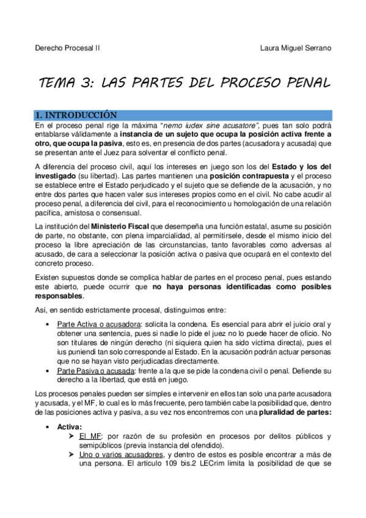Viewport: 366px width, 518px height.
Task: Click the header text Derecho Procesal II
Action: pyautogui.click(x=67, y=48)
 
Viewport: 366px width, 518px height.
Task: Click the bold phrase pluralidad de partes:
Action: pyautogui.click(x=295, y=412)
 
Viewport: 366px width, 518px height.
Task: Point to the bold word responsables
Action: pyautogui.click(x=58, y=296)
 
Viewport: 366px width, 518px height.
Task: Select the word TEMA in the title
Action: pyautogui.click(x=59, y=82)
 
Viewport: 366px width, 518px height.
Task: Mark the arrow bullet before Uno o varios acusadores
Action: pyautogui.click(x=71, y=454)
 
